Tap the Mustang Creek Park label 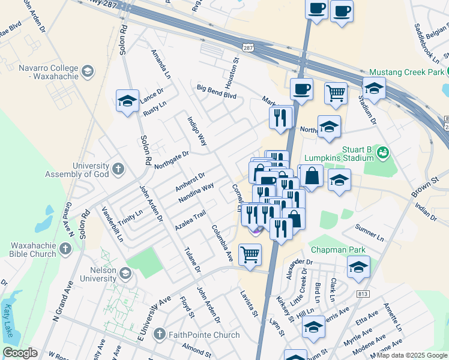(x=409, y=72)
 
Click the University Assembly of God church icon (x=118, y=169)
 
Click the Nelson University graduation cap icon (x=125, y=274)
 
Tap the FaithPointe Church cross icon (x=159, y=334)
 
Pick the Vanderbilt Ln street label (x=112, y=224)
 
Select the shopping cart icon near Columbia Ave (x=250, y=254)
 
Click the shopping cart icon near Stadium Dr (x=336, y=92)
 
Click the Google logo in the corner (x=20, y=353)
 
